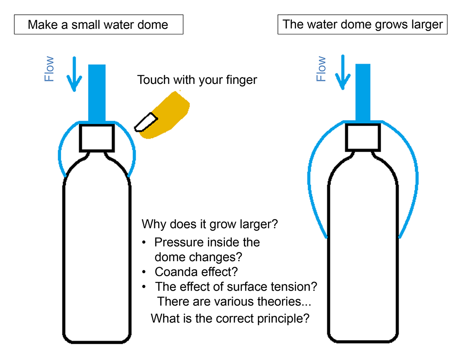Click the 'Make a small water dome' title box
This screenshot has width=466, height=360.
click(x=99, y=24)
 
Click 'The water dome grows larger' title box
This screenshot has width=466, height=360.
click(x=362, y=24)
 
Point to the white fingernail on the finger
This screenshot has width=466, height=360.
click(x=146, y=122)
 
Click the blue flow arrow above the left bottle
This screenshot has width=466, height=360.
click(x=74, y=74)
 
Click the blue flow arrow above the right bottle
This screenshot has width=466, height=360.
click(x=343, y=72)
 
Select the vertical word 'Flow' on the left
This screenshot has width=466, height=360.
click(x=49, y=69)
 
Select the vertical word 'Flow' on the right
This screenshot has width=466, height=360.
click(x=321, y=69)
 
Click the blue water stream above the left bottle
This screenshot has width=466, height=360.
click(x=97, y=93)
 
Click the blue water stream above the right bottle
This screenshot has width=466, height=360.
click(x=363, y=92)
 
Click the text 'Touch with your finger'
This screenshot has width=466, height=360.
click(x=197, y=80)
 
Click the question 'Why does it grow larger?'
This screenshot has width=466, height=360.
click(x=210, y=224)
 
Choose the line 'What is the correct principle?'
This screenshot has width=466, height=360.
click(x=230, y=318)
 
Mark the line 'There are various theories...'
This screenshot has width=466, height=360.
click(x=234, y=301)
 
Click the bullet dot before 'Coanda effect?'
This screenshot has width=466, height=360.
click(x=144, y=272)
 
